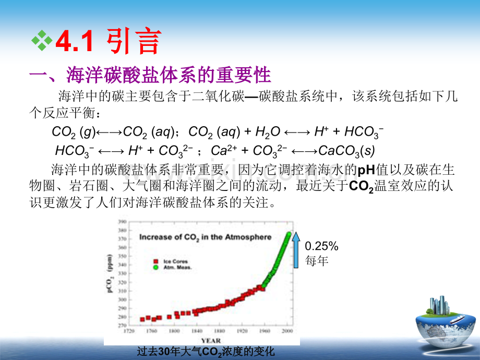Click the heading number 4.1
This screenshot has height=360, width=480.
coord(74,42)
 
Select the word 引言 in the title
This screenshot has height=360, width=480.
coord(134,42)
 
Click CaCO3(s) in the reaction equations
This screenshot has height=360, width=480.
coord(346,151)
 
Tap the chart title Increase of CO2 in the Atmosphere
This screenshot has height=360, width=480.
coord(205,237)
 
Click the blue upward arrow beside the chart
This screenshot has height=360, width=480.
coord(296,250)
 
